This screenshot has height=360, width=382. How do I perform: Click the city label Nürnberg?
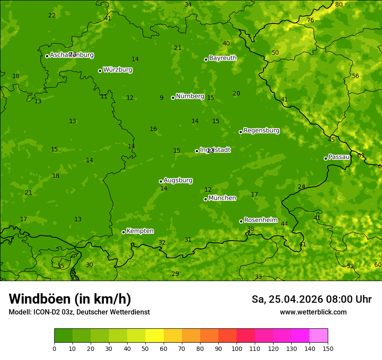point(190,96)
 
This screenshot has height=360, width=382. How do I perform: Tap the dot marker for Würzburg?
point(100,71)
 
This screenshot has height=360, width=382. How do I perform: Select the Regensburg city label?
point(261,131)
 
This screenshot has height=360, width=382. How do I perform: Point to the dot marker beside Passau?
point(326,158)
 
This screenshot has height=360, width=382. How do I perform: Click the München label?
point(222,198)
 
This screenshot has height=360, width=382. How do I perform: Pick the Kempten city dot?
point(123,232)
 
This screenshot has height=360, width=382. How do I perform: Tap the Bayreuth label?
point(223,58)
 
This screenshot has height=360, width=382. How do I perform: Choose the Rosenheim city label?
point(260,220)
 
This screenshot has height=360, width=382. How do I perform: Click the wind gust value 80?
point(339,4)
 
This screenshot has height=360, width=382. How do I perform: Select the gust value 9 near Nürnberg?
point(161,98)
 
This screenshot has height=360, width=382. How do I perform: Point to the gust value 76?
point(310,20)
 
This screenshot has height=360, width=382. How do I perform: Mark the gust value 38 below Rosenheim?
point(250,229)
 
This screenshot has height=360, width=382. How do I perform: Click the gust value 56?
point(356,76)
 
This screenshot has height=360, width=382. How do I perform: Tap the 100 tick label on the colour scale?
point(237,348)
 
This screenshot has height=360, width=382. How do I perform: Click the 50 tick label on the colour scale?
point(145,348)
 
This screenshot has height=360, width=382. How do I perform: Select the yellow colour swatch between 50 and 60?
point(155,336)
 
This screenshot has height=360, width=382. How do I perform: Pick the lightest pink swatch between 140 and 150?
point(319,336)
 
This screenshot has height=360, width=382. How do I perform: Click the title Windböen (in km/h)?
point(70,299)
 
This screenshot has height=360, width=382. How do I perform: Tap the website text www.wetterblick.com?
point(313,312)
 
